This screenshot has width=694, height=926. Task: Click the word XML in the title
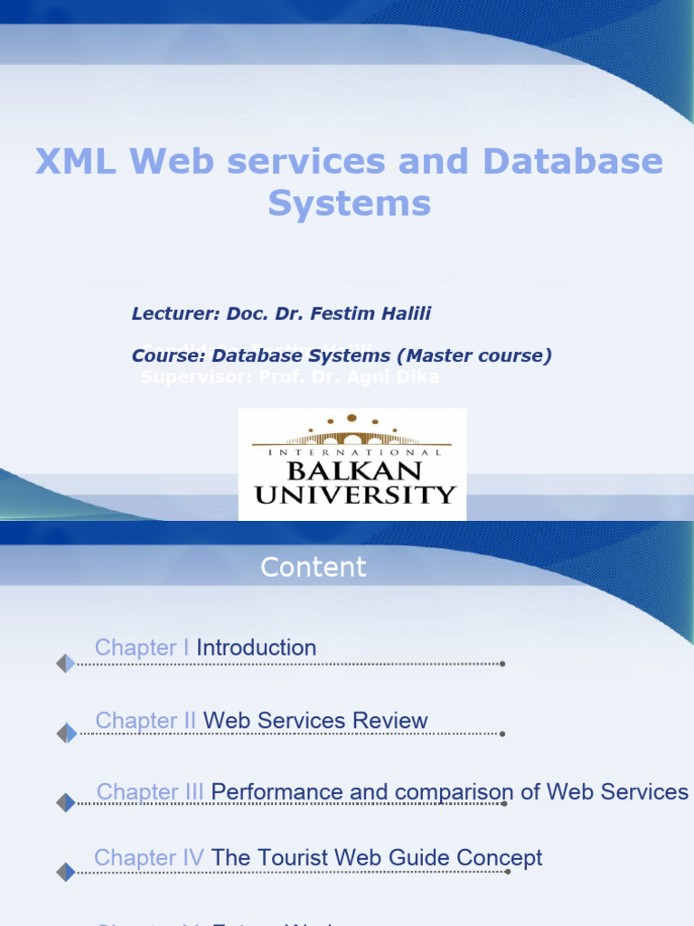coord(76,162)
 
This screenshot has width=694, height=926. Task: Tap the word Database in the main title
coord(572,162)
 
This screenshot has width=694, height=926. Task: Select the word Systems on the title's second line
coord(349,203)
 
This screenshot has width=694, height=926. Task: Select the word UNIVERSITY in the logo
coord(354,495)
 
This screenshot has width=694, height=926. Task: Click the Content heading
coord(314,567)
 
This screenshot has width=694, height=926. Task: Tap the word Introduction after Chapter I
coord(257,647)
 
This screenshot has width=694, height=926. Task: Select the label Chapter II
coord(145,721)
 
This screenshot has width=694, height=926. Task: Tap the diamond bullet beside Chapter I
coord(66,664)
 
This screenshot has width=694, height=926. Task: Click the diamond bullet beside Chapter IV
coord(66,872)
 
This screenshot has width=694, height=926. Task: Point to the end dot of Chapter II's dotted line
coord(502,734)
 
